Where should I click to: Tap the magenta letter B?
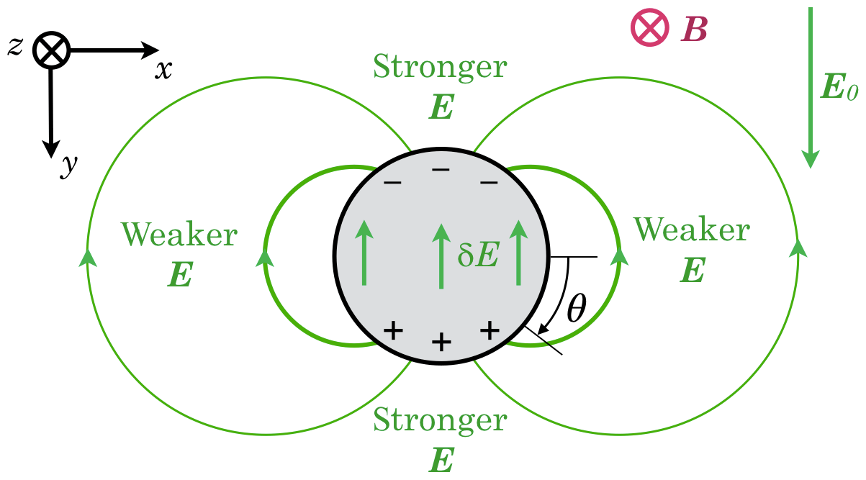point(694,30)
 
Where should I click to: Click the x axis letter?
point(164,70)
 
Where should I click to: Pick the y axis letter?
point(68,166)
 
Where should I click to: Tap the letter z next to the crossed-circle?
point(16,45)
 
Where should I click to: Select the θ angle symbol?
point(577,309)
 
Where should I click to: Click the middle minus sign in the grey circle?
point(441,169)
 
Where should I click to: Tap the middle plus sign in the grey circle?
point(441,343)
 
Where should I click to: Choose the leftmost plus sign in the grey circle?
point(392,330)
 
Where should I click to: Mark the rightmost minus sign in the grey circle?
point(489,183)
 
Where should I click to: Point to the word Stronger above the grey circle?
point(440,68)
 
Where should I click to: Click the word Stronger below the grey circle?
point(440,419)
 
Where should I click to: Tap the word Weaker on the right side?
point(691,230)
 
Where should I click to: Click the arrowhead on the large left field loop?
point(89,257)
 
